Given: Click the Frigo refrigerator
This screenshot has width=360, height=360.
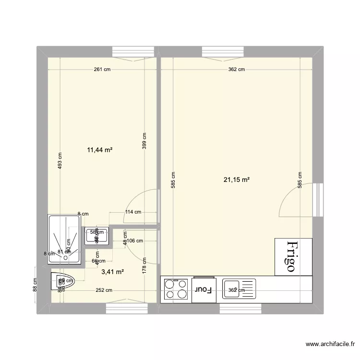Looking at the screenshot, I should [293, 257].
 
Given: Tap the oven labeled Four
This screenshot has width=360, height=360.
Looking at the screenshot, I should [204, 290].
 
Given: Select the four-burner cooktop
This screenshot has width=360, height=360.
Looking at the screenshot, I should [176, 290].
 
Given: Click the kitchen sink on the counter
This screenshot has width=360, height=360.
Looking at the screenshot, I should [235, 289].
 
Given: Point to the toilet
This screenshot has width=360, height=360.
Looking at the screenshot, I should [62, 281].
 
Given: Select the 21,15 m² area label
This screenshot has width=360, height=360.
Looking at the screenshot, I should [236, 180].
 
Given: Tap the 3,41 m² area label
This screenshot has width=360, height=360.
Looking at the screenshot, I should [113, 272].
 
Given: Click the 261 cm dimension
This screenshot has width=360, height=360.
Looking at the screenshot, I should [102, 70].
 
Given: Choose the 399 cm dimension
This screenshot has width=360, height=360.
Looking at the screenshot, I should [144, 141].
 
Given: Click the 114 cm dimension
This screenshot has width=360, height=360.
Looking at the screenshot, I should [133, 212].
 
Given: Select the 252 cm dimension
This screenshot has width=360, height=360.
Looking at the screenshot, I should [104, 290].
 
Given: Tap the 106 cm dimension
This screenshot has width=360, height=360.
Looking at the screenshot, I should [135, 241].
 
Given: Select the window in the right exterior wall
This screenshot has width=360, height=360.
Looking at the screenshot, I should [317, 199].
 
